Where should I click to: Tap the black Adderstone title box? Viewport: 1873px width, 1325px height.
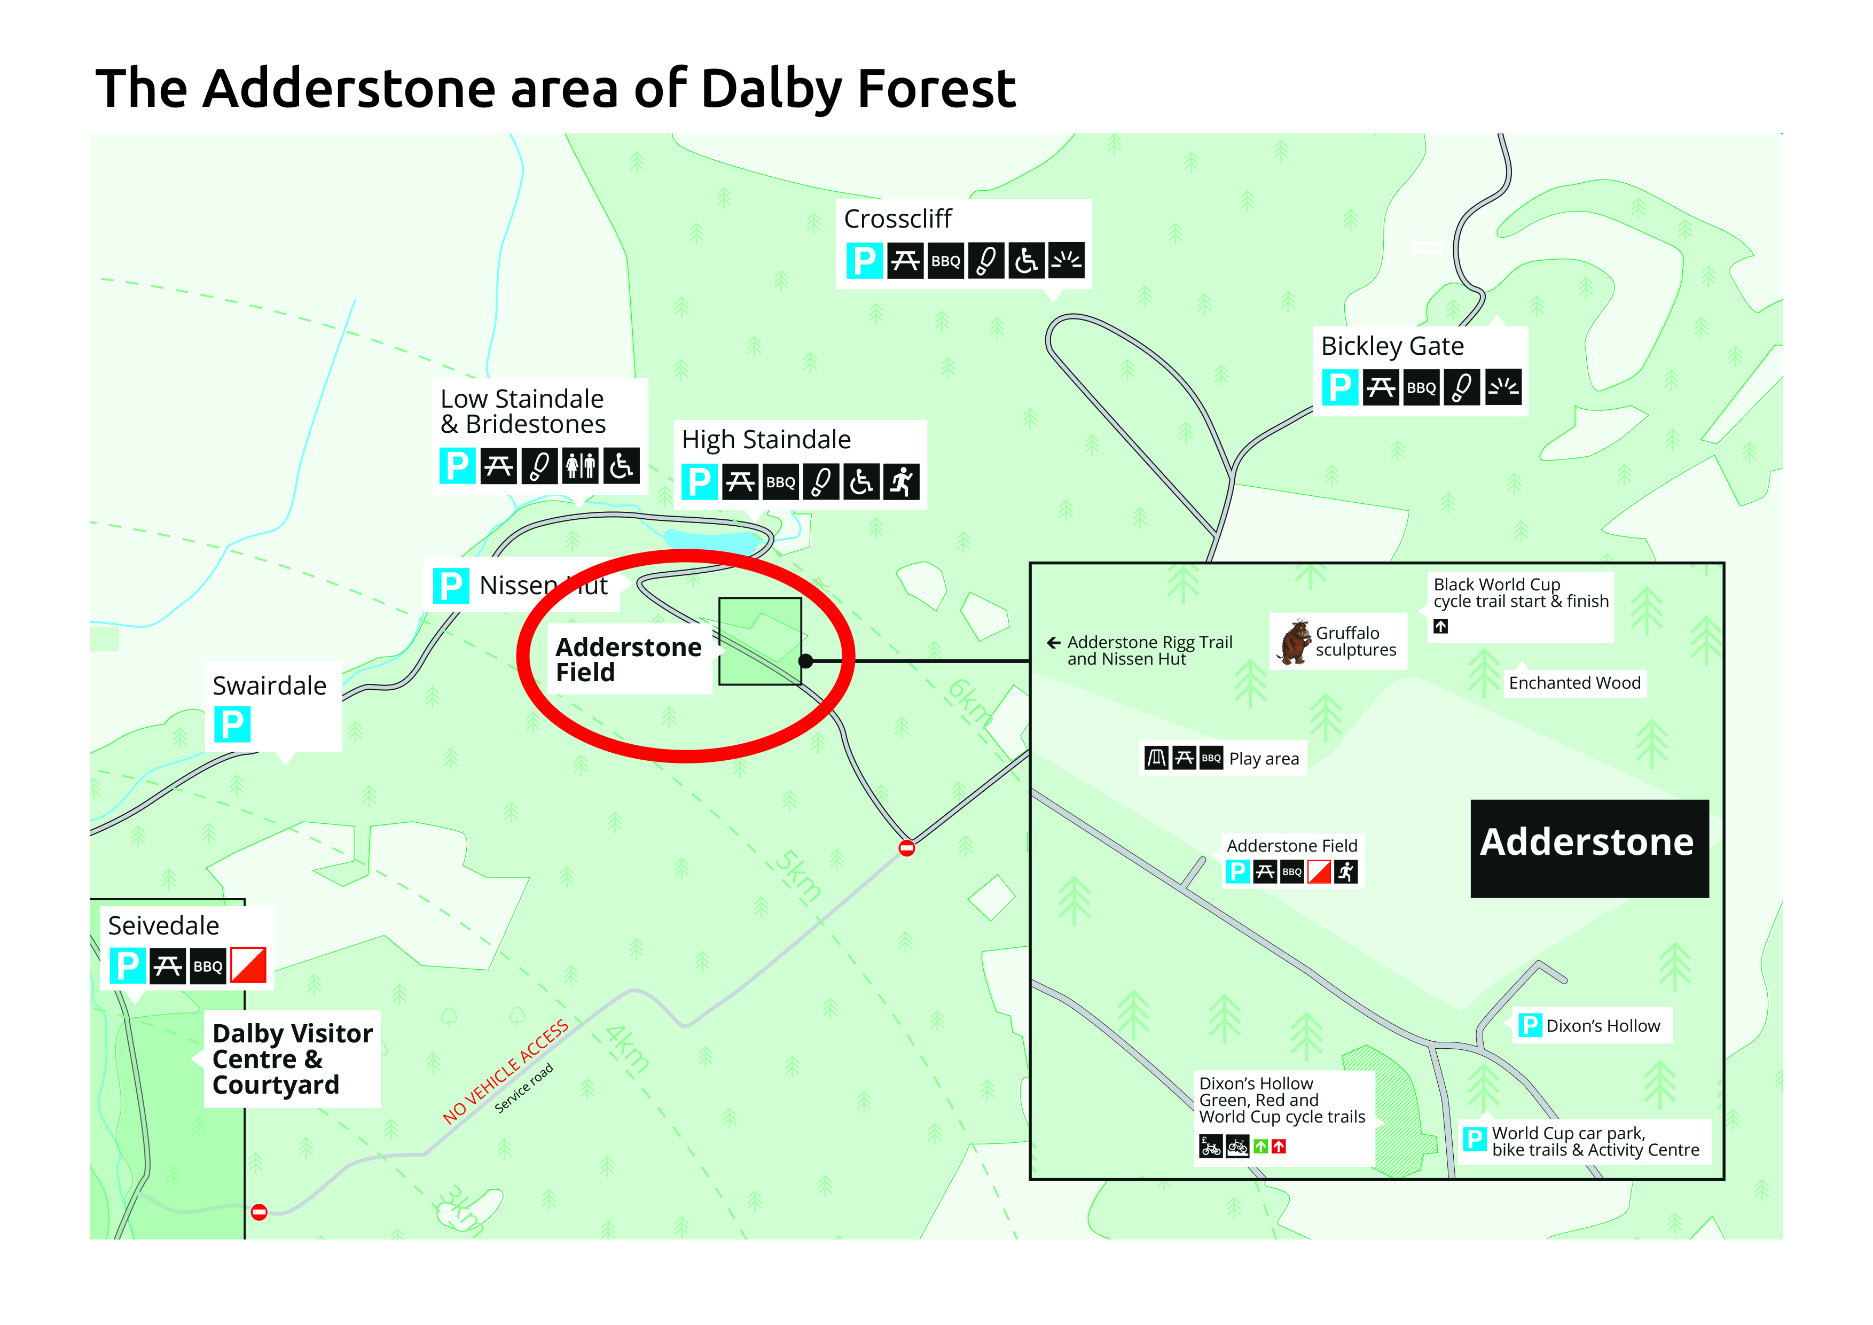1588,848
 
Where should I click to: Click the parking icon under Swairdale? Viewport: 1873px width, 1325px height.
232,724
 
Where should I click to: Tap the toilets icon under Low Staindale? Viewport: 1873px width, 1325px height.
580,466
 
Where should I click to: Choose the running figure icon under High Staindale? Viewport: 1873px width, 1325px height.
902,482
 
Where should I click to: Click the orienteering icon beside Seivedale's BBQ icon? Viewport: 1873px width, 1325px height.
248,966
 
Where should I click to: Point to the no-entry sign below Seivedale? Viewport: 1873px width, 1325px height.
258,1212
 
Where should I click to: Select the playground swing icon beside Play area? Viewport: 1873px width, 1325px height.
1156,759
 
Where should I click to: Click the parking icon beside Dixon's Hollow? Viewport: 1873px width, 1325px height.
1530,1026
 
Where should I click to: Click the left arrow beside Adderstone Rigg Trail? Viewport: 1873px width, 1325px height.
1054,643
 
